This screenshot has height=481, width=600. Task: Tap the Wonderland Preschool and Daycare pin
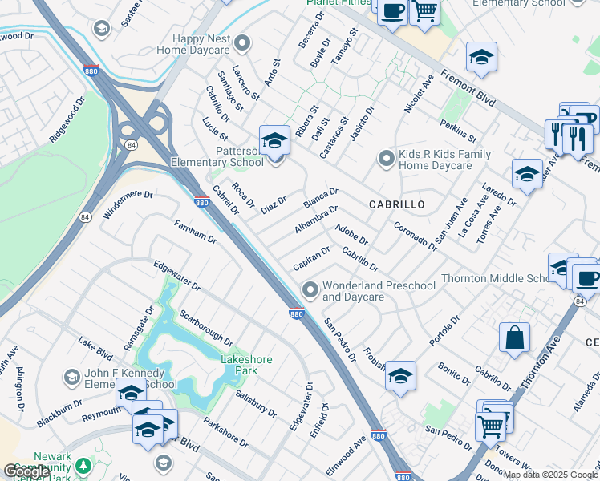pos(310,289)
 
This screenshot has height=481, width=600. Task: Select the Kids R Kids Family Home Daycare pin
pos(387,158)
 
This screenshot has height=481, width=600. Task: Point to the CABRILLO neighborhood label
pos(396,205)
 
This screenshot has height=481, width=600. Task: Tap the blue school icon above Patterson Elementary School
pos(274,139)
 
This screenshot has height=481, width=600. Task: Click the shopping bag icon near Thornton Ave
pos(514,336)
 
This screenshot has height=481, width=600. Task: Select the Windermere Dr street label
pos(128,204)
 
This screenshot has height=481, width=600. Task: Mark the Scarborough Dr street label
pos(205,328)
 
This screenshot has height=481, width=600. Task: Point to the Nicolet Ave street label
pos(419,94)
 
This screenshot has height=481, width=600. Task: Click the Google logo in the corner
pos(26,471)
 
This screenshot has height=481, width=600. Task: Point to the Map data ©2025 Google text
pos(550,475)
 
